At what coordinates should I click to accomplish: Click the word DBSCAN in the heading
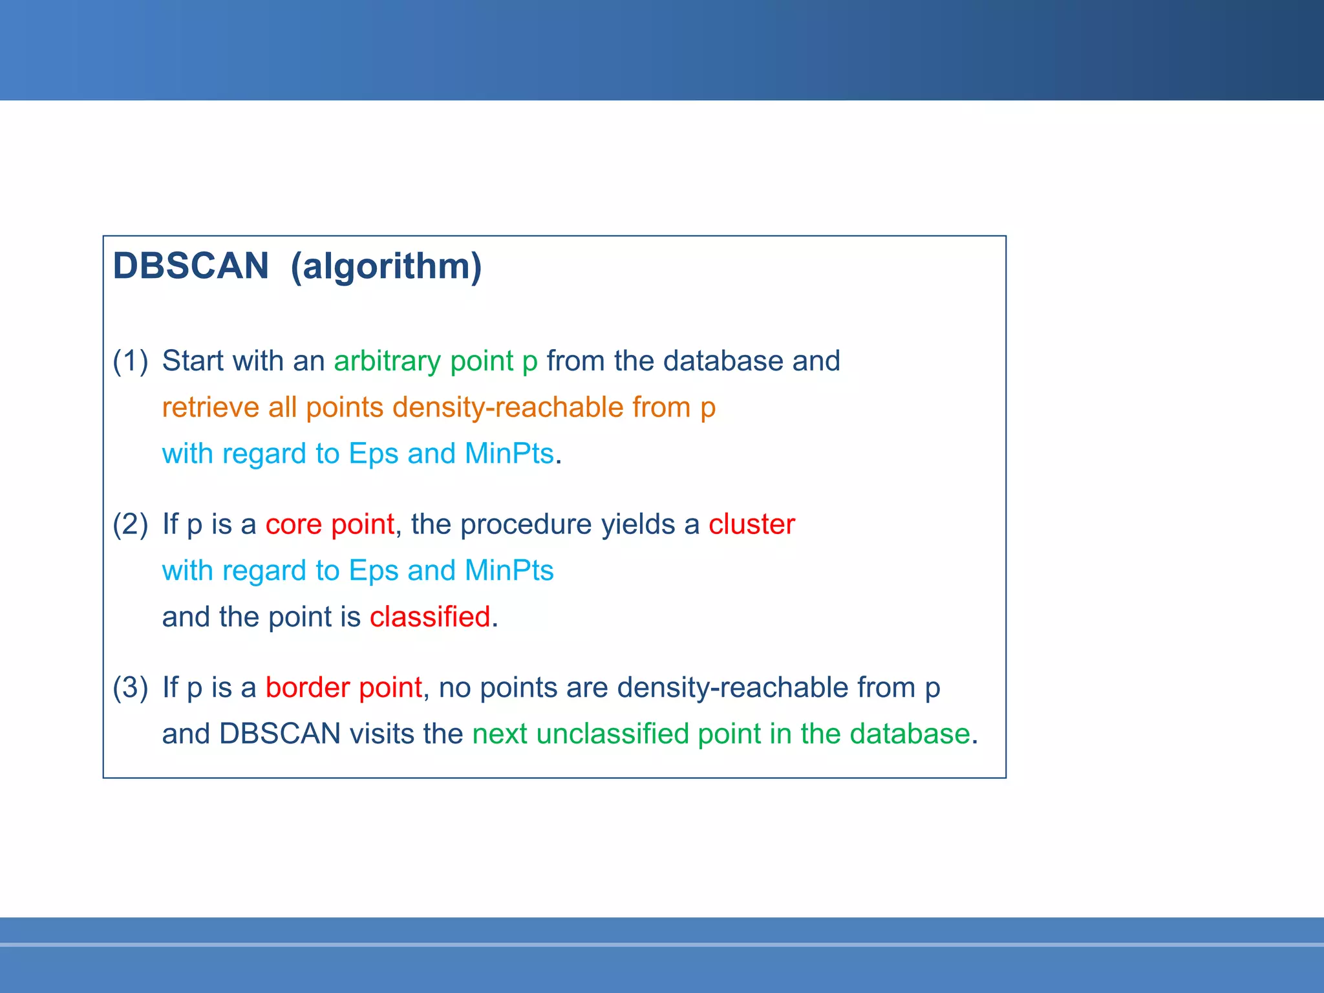(x=191, y=266)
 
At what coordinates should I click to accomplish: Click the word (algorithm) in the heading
(x=386, y=266)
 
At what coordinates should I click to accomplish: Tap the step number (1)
(x=130, y=361)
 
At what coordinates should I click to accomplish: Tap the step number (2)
(x=130, y=524)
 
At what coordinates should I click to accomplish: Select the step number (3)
(x=130, y=687)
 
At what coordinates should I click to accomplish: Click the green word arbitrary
(x=387, y=361)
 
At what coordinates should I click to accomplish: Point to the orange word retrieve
(x=210, y=407)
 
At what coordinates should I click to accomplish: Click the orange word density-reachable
(x=507, y=407)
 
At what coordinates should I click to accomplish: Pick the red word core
(x=294, y=524)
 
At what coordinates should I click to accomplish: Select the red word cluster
(x=751, y=524)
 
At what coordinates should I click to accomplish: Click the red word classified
(x=430, y=617)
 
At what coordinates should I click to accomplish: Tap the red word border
(x=308, y=687)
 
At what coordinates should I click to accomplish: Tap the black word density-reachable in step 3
(x=732, y=687)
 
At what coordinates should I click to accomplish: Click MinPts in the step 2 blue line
(x=509, y=570)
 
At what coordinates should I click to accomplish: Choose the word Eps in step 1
(x=373, y=454)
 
